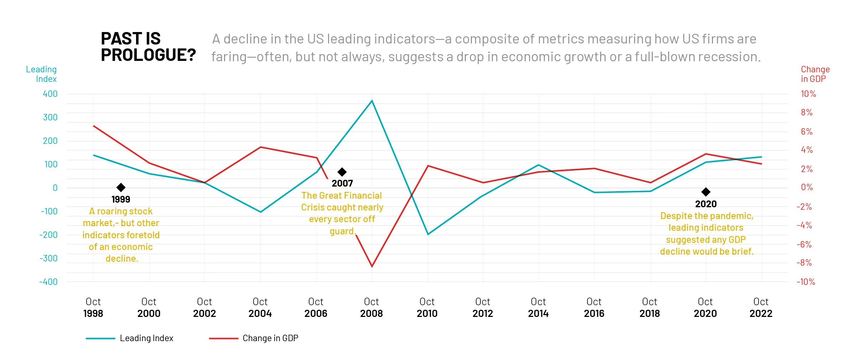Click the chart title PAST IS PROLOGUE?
(148, 47)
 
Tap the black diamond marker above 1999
(121, 187)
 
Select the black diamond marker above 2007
(342, 172)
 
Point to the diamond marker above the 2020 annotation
(706, 192)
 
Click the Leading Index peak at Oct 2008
(372, 101)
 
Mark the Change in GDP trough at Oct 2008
(372, 266)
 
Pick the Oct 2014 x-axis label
(538, 308)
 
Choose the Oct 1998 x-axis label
(93, 308)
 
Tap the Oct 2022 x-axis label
(761, 308)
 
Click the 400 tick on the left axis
(50, 94)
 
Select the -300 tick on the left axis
(49, 258)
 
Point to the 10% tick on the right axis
(808, 94)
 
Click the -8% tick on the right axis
(804, 263)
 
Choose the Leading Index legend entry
(129, 338)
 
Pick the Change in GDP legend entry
(254, 338)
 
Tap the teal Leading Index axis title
(41, 74)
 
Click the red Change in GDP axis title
(815, 74)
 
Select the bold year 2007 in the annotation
(342, 183)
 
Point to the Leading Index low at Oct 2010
(428, 234)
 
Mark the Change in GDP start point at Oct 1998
(94, 126)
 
